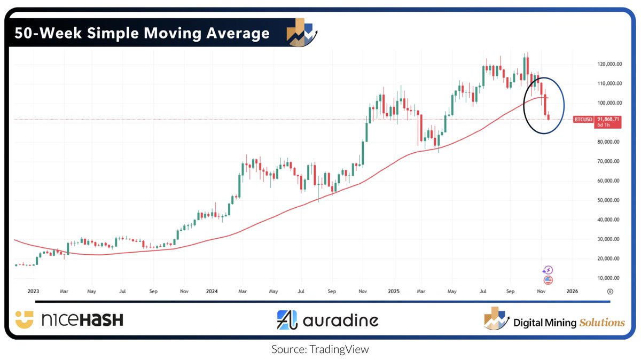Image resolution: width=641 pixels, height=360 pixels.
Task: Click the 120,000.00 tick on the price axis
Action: pyautogui.click(x=609, y=64)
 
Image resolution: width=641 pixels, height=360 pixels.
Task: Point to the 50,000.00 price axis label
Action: pyautogui.click(x=609, y=200)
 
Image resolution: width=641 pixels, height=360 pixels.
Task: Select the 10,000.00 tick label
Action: pyautogui.click(x=609, y=278)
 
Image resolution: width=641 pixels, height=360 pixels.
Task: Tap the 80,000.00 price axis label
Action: pyautogui.click(x=609, y=142)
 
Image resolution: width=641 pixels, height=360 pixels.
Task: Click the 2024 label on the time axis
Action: pyautogui.click(x=212, y=292)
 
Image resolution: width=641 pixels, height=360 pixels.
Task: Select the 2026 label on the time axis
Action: pyautogui.click(x=572, y=292)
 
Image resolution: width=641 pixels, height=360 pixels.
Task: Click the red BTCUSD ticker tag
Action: pyautogui.click(x=582, y=119)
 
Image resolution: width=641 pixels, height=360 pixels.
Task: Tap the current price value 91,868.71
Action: pyautogui.click(x=608, y=119)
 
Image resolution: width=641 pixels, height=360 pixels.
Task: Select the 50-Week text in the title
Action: pyautogui.click(x=41, y=34)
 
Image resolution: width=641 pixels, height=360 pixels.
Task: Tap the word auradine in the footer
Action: pyautogui.click(x=340, y=320)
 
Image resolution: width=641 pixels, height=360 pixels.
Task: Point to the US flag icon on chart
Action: pyautogui.click(x=548, y=279)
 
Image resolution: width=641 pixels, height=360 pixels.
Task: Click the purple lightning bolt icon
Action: pyautogui.click(x=548, y=270)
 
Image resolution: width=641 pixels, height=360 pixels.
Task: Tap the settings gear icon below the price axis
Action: pyautogui.click(x=609, y=292)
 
